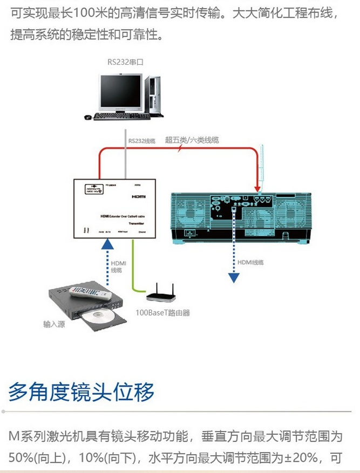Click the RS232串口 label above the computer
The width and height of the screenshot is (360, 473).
(x=125, y=62)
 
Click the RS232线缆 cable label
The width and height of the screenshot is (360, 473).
(x=142, y=141)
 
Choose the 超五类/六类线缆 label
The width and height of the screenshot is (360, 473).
(x=192, y=140)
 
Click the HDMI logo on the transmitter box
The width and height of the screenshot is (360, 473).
(x=139, y=198)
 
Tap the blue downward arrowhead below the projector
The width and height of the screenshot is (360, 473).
(x=233, y=277)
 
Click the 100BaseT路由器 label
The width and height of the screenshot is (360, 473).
(x=162, y=312)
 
